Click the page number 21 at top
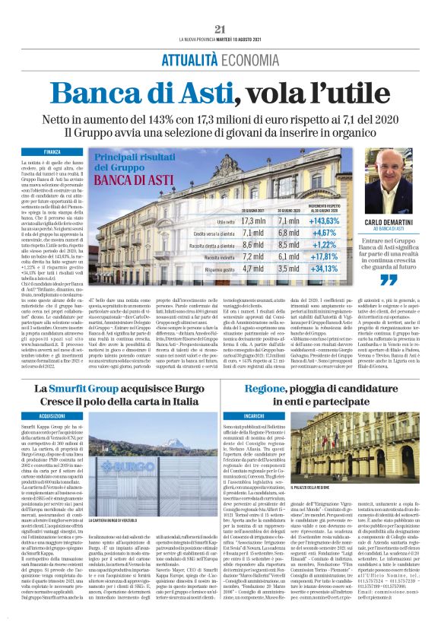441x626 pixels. click(220, 29)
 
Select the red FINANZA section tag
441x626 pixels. click(52, 152)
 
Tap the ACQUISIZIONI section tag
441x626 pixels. click(52, 417)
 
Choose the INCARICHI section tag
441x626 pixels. click(254, 417)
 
